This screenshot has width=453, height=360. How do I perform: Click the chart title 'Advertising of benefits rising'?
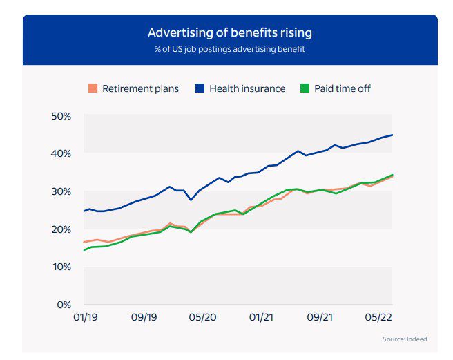pyautogui.click(x=229, y=32)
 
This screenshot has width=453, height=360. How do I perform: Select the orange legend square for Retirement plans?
pyautogui.click(x=93, y=88)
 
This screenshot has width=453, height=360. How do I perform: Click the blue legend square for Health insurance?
pyautogui.click(x=200, y=88)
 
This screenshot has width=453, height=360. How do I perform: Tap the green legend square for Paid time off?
pyautogui.click(x=305, y=88)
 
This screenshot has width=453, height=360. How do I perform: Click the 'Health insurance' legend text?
pyautogui.click(x=247, y=88)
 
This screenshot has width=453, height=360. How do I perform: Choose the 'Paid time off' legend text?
pyautogui.click(x=343, y=88)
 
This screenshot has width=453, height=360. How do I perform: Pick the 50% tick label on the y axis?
pyautogui.click(x=61, y=115)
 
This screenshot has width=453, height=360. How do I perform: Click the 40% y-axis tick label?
pyautogui.click(x=61, y=153)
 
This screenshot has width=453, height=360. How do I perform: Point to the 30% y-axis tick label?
pyautogui.click(x=61, y=191)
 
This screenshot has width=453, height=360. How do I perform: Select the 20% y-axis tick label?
pyautogui.click(x=61, y=229)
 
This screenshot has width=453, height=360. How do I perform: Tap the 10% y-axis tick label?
pyautogui.click(x=61, y=267)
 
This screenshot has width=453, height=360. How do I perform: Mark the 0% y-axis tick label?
pyautogui.click(x=64, y=305)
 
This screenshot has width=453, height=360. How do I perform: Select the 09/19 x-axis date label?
pyautogui.click(x=144, y=317)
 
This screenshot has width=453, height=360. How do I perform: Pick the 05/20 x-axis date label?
pyautogui.click(x=203, y=317)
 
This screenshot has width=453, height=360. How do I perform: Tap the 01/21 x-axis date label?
pyautogui.click(x=262, y=317)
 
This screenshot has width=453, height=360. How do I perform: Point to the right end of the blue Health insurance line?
pyautogui.click(x=392, y=135)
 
